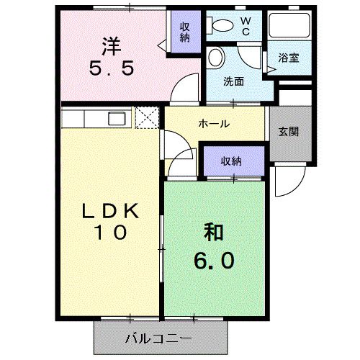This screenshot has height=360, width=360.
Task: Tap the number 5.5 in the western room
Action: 109,71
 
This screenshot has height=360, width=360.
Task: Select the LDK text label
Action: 109,210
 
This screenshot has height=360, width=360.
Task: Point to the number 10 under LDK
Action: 109,233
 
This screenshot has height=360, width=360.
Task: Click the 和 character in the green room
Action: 213,233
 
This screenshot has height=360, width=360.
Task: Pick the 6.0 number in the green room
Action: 213,258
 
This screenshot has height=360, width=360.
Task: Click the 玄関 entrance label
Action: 289,132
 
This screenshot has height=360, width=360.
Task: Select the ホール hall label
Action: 214,124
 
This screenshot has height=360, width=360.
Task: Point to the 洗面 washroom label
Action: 233,81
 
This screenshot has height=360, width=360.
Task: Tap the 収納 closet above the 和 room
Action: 231,161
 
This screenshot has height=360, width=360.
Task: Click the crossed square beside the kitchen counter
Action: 147,117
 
